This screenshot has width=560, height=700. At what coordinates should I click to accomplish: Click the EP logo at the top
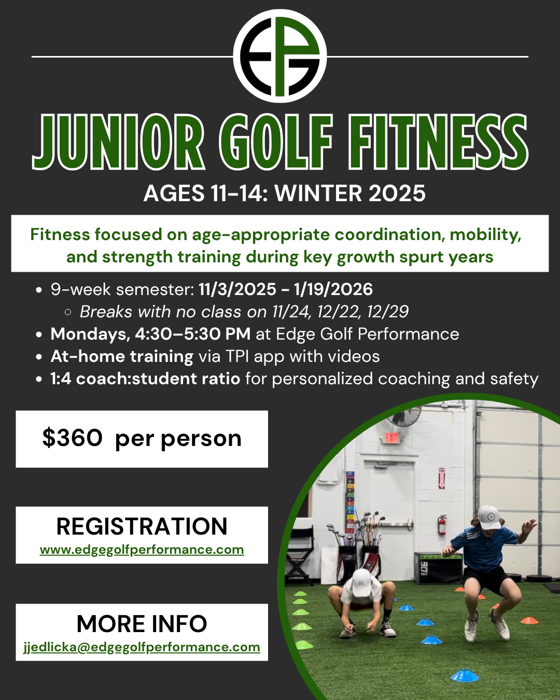pos(280,56)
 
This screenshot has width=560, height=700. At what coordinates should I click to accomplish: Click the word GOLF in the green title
pos(276,142)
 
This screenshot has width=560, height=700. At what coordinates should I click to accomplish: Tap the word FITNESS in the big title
pos(438,142)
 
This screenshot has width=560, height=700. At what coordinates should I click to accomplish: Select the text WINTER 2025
pos(350,193)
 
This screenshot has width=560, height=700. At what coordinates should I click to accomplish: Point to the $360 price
pos(72,438)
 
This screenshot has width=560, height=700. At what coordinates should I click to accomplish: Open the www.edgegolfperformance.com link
pos(142,550)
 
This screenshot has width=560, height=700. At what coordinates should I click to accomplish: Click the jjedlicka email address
pos(142,647)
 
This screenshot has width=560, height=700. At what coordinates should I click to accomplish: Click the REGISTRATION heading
pos(142,526)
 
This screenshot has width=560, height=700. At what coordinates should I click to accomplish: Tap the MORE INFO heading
pos(142,624)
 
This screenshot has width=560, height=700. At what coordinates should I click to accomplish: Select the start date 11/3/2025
pos(237,289)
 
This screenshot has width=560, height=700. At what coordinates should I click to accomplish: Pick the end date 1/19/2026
pos(333,289)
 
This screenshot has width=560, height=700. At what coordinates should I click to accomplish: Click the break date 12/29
pos(387,312)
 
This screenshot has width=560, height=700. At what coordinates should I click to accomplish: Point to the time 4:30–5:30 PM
pos(193,334)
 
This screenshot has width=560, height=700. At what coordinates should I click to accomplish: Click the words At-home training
pos(122,357)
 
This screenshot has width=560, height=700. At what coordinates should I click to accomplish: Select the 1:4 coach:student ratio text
pos(146,379)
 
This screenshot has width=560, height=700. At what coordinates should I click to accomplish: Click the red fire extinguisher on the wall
pos(442,525)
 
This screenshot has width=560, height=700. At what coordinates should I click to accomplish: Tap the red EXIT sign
pos(392,438)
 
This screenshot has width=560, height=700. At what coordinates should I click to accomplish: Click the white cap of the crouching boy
pos(362,583)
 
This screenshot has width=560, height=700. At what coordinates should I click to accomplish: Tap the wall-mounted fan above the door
pos(405,415)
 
